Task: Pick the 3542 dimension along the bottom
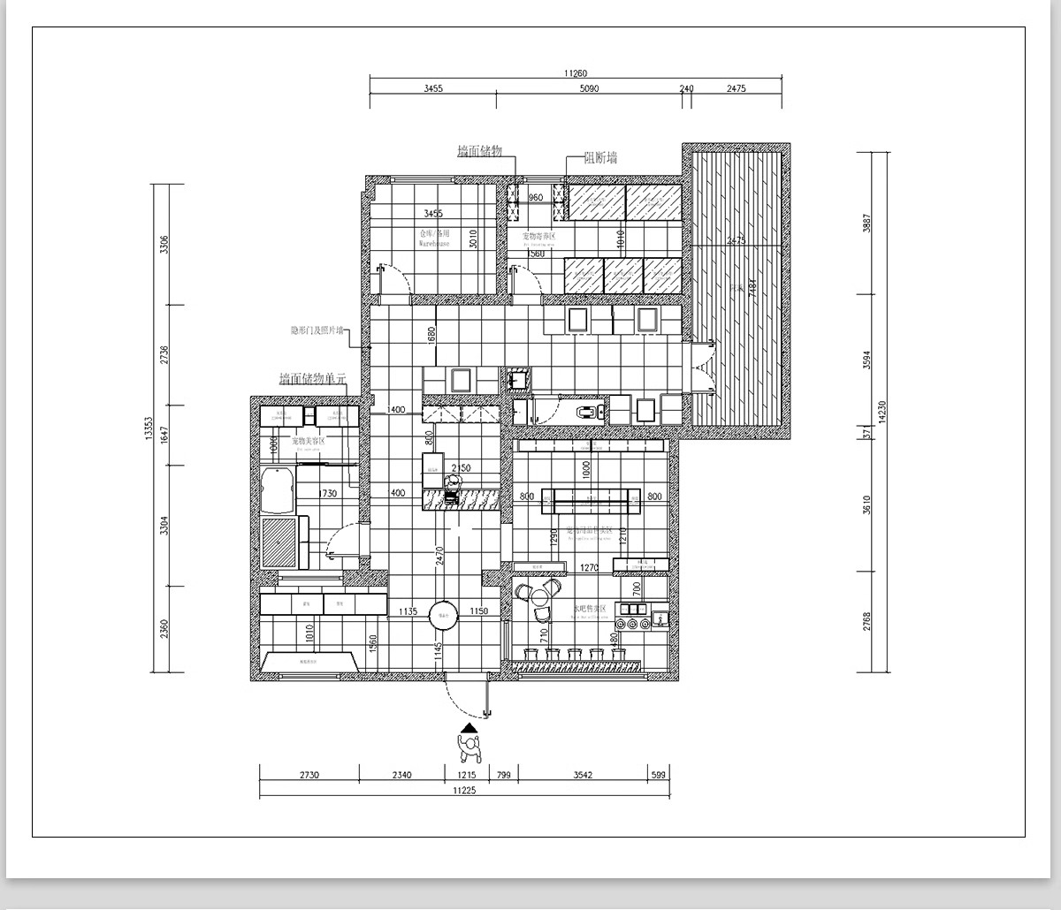pyautogui.click(x=582, y=776)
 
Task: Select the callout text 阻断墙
pyautogui.click(x=600, y=158)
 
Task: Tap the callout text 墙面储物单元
pyautogui.click(x=312, y=379)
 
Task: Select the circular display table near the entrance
pyautogui.click(x=443, y=615)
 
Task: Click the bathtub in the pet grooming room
pyautogui.click(x=278, y=489)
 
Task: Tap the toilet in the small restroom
pyautogui.click(x=587, y=411)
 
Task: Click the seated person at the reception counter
pyautogui.click(x=452, y=485)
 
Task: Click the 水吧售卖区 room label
pyautogui.click(x=589, y=609)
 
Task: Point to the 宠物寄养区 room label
pyautogui.click(x=538, y=236)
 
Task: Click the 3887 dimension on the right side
pyautogui.click(x=867, y=224)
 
